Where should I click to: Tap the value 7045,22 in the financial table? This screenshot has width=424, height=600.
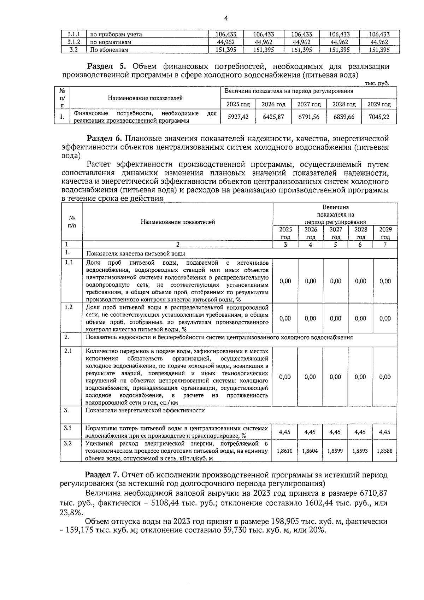379,117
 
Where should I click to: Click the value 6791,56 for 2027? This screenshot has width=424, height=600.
309,117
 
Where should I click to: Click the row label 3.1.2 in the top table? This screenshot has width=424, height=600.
73,42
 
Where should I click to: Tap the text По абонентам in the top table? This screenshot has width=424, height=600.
109,50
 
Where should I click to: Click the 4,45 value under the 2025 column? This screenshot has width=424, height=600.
285,432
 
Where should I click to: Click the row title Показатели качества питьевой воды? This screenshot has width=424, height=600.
136,254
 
